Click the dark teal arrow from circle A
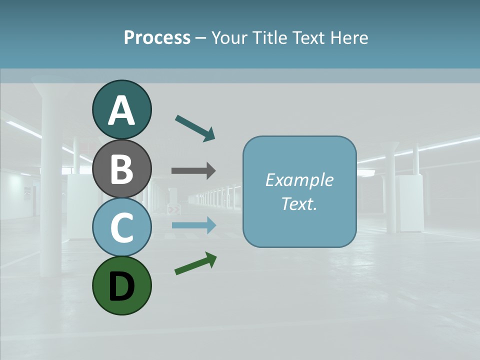point(195,128)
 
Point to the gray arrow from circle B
point(193,171)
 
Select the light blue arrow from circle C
point(194,225)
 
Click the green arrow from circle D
point(195,263)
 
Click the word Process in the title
point(157,37)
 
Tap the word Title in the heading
point(268,37)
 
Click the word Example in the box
point(299,180)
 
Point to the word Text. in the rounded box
point(299,204)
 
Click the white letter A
point(121,111)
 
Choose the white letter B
point(121,169)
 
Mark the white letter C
point(121,228)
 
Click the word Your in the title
point(228,37)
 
